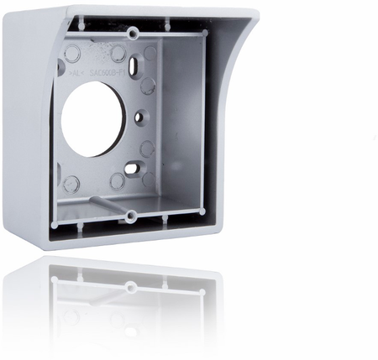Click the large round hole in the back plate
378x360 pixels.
[x=92, y=118]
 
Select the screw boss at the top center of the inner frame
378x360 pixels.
[x=133, y=33]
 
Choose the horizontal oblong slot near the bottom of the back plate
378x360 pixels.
[x=133, y=168]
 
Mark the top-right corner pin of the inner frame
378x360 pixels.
[x=202, y=33]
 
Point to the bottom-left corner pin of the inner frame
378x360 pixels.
[x=55, y=225]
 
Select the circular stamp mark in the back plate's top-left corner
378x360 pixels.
[x=72, y=54]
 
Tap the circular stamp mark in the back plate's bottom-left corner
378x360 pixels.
[x=71, y=183]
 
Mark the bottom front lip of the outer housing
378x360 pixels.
[x=126, y=239]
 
